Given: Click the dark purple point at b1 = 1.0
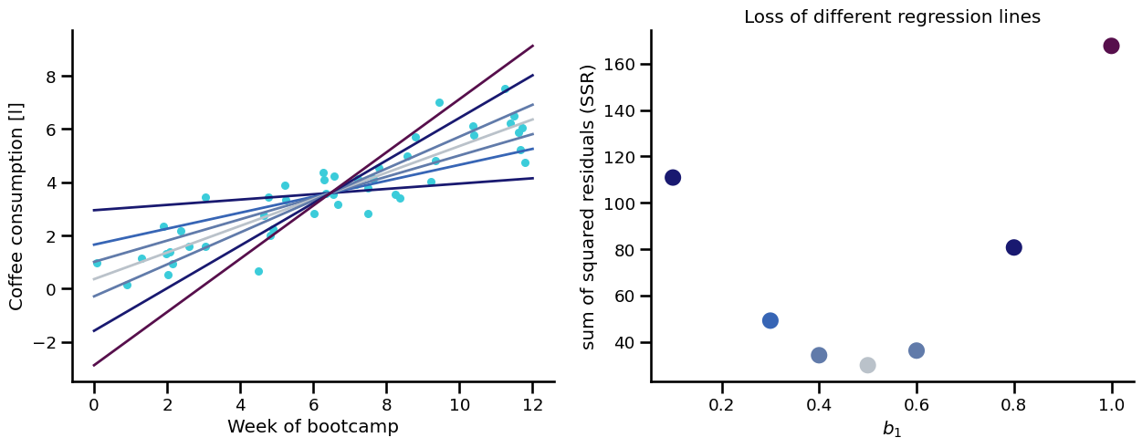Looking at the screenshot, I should click(x=1111, y=46).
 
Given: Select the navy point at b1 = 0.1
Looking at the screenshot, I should click(x=673, y=177).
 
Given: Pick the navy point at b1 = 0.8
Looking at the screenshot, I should click(x=1013, y=247).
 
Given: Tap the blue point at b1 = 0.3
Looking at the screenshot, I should click(x=770, y=320).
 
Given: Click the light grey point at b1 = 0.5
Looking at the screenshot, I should click(x=867, y=365).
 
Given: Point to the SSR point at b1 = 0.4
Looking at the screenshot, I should click(x=819, y=355).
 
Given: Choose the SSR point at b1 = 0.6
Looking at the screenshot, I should click(x=917, y=350).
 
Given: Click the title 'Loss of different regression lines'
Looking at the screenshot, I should click(x=892, y=16).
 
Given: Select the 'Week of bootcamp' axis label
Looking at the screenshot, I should click(x=313, y=426).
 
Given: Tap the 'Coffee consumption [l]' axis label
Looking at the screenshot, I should click(x=16, y=207).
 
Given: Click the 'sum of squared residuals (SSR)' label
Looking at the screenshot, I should click(x=589, y=206).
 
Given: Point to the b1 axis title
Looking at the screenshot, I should click(x=892, y=429).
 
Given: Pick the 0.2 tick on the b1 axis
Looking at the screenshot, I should click(x=721, y=401).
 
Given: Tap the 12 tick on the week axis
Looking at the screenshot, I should click(x=532, y=401).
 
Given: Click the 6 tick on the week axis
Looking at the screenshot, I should click(x=313, y=401).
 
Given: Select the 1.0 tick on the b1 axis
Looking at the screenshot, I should click(x=1111, y=401).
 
